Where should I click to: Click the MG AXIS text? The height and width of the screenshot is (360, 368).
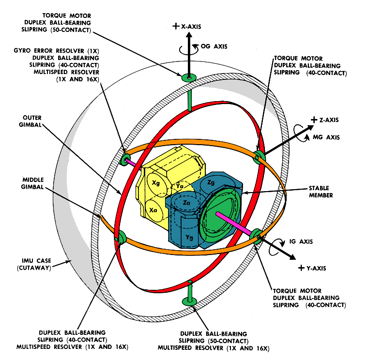(x=326, y=137)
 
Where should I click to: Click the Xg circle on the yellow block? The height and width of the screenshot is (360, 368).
(x=156, y=183)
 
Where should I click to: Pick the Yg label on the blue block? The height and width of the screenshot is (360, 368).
(x=189, y=238)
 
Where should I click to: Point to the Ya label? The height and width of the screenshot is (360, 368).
(x=180, y=186)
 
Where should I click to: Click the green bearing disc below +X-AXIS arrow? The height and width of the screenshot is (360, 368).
(x=188, y=77)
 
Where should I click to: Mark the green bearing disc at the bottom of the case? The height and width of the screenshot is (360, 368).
(x=190, y=301)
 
